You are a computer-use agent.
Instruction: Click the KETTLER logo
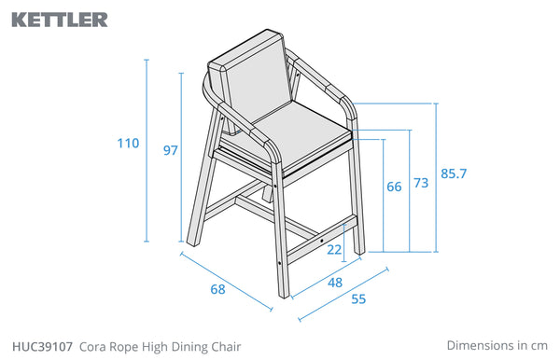point(60,20)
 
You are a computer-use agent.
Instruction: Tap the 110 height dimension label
point(128,144)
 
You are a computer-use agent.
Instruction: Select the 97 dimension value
point(171,150)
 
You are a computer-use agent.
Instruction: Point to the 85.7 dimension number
point(454,173)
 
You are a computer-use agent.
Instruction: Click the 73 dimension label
point(421,183)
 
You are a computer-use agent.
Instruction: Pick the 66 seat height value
point(394,187)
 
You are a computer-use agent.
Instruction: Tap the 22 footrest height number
point(334,250)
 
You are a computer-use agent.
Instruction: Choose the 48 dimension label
point(335,283)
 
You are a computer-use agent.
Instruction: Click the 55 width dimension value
point(358,299)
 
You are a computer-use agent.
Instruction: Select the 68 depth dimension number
point(217,289)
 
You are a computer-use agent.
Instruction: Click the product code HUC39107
point(43,346)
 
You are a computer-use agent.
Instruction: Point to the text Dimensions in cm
point(497,345)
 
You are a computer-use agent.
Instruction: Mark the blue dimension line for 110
point(147,150)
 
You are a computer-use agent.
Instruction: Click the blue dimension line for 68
point(227,282)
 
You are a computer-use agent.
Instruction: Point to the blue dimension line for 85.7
point(436,178)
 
